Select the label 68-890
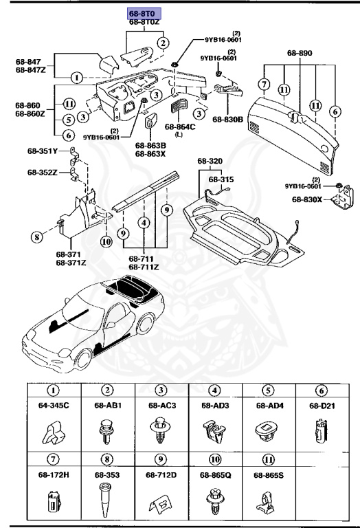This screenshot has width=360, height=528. point(300,53)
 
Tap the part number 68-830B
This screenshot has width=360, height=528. point(227,119)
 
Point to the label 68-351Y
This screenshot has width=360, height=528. point(43,151)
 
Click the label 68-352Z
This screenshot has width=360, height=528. point(43,172)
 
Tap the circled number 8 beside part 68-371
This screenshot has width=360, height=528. point(36,239)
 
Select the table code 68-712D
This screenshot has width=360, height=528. point(161,474)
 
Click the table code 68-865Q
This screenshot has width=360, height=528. point(215,474)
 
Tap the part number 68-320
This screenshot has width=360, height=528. point(212,162)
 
